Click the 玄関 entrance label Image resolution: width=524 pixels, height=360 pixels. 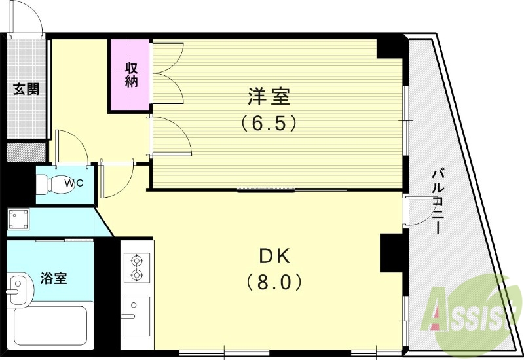[26, 89]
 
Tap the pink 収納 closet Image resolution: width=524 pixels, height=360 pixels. [131, 74]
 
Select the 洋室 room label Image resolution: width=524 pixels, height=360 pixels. [269, 97]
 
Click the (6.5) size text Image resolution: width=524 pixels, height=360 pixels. [269, 122]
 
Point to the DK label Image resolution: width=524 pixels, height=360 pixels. [274, 256]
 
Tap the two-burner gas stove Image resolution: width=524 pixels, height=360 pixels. [137, 267]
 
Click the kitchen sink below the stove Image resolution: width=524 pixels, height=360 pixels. [136, 315]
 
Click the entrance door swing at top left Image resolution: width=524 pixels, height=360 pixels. [30, 20]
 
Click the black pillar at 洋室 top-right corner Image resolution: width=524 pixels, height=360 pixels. [392, 48]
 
